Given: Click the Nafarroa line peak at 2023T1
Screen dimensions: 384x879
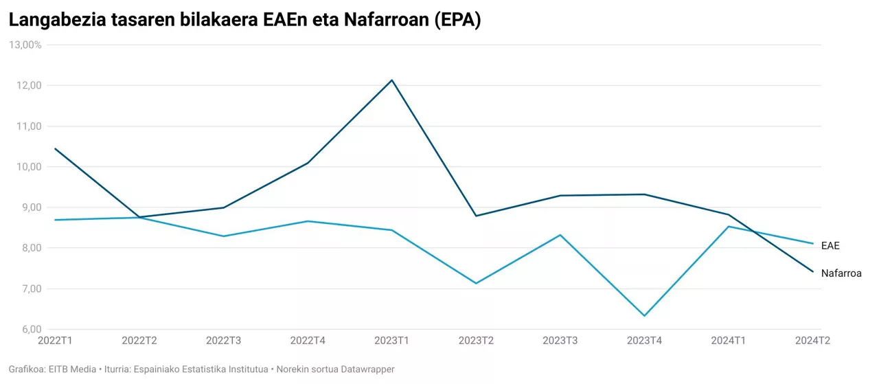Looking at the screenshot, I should (392, 80).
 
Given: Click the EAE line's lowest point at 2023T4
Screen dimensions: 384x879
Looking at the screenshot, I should (644, 316).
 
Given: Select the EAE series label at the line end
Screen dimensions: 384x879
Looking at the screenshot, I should (830, 246).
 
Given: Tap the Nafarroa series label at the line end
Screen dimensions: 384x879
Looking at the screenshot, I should (841, 273).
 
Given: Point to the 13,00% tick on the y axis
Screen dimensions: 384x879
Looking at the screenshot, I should (25, 45).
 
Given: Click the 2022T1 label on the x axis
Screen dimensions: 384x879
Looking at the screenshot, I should (56, 341).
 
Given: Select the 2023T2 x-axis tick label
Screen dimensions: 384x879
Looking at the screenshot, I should (476, 341).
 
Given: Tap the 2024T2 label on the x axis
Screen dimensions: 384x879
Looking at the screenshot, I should (812, 341).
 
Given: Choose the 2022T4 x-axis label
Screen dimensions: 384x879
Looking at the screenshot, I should (308, 341).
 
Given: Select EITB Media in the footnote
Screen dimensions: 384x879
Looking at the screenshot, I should (72, 370).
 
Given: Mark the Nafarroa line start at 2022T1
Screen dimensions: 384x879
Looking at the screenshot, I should (55, 148).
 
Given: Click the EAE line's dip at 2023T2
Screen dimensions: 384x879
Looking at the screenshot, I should (476, 283).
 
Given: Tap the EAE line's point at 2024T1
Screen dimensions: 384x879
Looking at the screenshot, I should (729, 227).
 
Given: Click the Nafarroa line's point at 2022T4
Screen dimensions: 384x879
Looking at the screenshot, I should (308, 163).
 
